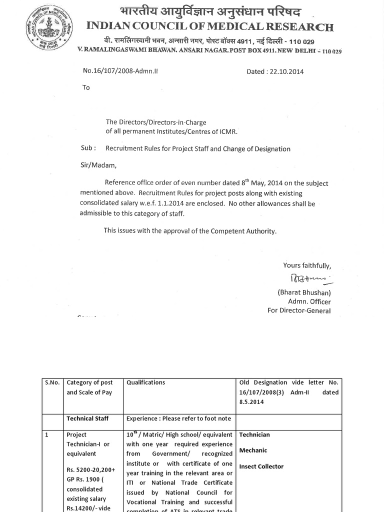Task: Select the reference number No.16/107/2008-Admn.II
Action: [120, 71]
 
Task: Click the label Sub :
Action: [88, 148]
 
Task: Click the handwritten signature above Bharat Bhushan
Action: [305, 278]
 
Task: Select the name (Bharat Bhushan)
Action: [304, 292]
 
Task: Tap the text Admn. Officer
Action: [309, 301]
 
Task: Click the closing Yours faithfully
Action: [306, 265]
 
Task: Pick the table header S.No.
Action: [52, 382]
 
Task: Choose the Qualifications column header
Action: [145, 382]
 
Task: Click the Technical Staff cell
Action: [87, 418]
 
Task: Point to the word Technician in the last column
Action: [254, 435]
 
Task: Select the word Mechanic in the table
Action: [253, 450]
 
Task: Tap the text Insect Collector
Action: [261, 466]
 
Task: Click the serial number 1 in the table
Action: [46, 435]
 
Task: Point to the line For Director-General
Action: [299, 310]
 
